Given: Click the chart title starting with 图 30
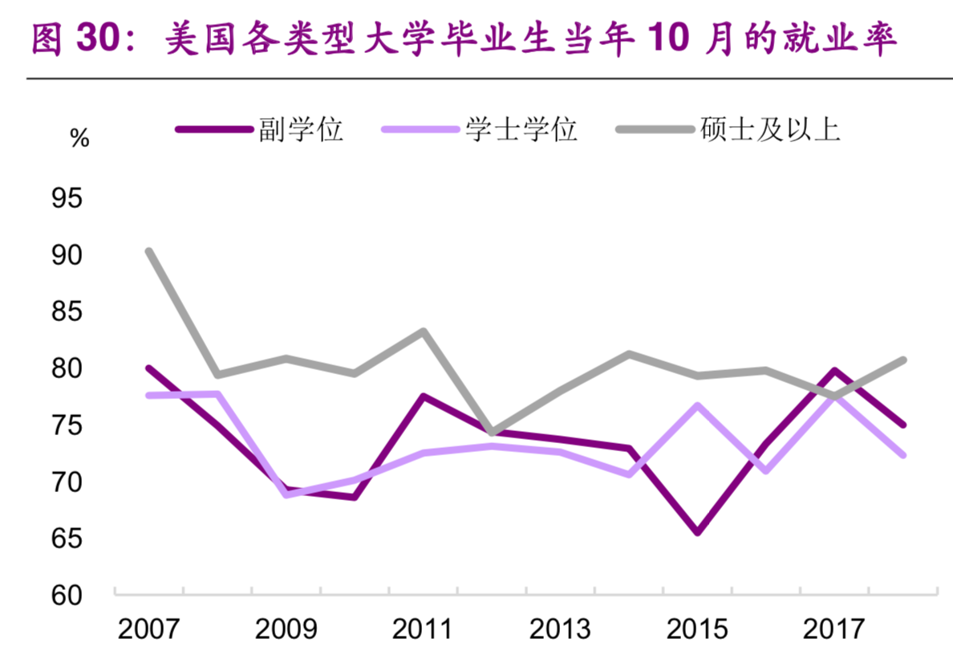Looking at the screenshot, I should [x=464, y=40].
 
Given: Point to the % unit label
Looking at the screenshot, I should [x=79, y=138].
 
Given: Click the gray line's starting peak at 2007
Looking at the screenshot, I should [x=149, y=251].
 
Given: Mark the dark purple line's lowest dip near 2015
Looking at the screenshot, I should [x=698, y=532].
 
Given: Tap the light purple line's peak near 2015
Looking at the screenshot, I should [x=698, y=406].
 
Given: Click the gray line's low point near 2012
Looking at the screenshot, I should [x=492, y=433].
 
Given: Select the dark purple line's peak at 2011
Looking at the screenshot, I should [x=424, y=397].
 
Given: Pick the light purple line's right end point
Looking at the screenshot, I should [x=903, y=454].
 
